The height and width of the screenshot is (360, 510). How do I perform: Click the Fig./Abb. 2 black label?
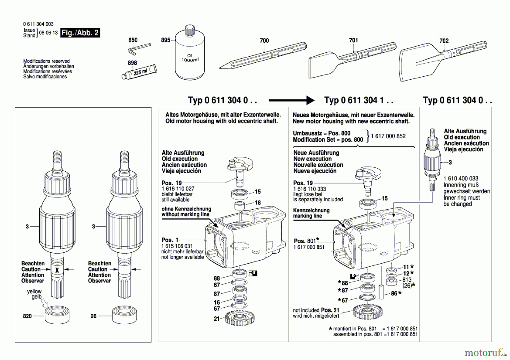pos(80,33)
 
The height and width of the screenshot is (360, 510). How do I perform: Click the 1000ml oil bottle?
pos(190,55)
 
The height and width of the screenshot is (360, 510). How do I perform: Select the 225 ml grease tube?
pos(139,73)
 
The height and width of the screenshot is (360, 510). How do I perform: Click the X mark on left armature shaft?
pos(57,270)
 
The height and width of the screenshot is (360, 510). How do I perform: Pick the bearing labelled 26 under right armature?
pos(124,315)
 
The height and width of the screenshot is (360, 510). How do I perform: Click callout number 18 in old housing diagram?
pos(258,203)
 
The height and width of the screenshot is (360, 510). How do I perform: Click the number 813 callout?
pos(407,280)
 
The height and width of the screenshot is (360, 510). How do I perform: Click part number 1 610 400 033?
pos(461,178)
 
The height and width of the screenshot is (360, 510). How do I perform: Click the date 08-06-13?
pos(48,33)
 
